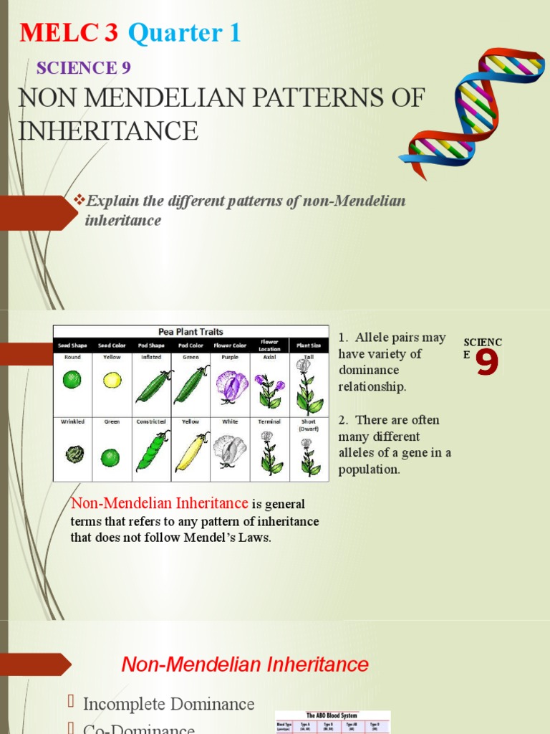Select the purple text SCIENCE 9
[83, 68]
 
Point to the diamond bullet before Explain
[80, 200]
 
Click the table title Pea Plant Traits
[190, 332]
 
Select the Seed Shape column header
[72, 345]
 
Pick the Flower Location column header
[269, 345]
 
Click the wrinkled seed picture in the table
[73, 454]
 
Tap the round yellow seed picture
[112, 380]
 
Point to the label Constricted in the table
[151, 421]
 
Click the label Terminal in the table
[269, 421]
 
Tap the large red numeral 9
[487, 363]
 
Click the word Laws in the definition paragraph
[256, 538]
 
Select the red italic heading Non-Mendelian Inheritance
[245, 664]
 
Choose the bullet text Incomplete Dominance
[169, 704]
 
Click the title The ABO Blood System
[332, 715]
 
